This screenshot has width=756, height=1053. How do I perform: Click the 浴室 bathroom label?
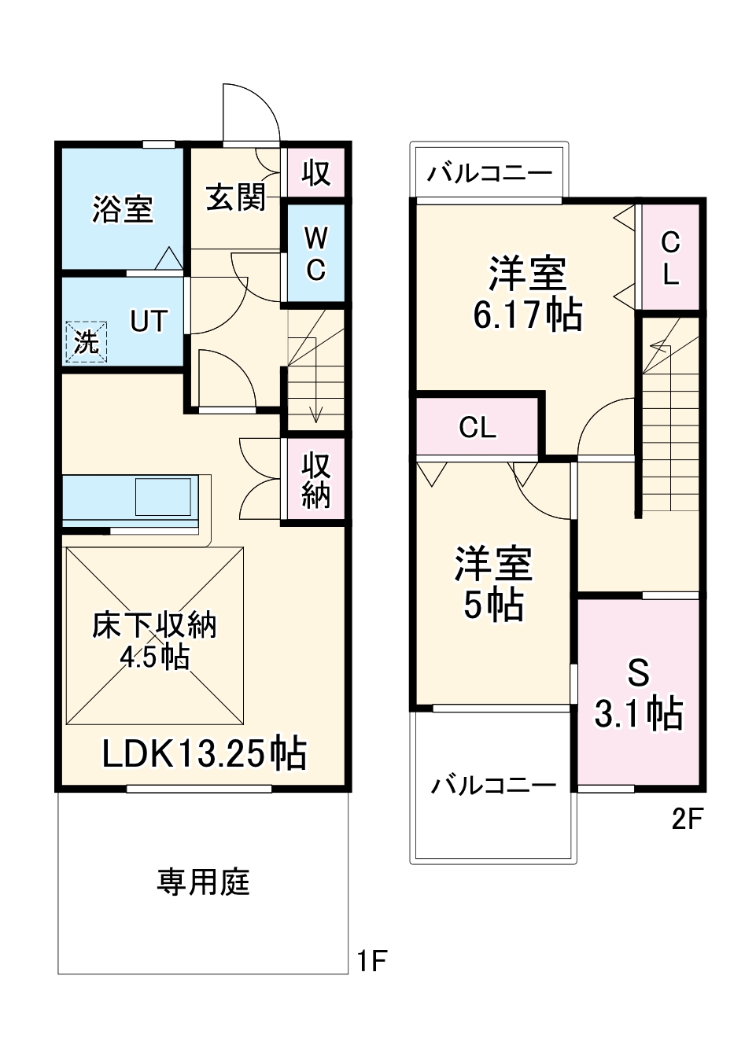[x=122, y=209]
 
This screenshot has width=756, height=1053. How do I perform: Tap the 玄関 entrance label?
[x=235, y=197]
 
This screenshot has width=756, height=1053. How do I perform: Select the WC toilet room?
[x=315, y=253]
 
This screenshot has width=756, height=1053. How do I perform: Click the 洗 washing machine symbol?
[x=86, y=342]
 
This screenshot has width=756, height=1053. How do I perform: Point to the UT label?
[x=149, y=321]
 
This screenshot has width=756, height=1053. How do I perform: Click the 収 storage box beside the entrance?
[x=315, y=172]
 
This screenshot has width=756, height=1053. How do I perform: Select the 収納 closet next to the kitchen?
[x=315, y=480]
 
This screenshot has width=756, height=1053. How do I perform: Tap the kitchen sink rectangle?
[x=163, y=496]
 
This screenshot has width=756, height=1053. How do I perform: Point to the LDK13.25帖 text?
[x=204, y=753]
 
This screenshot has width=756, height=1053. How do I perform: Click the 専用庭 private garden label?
[x=203, y=882]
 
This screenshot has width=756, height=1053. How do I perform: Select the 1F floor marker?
[x=371, y=960]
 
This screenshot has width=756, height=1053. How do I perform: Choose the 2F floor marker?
[x=686, y=819]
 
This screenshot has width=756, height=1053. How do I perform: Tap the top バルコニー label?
[x=489, y=172]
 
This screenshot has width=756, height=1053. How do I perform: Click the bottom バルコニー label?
[x=493, y=784]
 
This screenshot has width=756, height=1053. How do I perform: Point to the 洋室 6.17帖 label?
[x=527, y=293]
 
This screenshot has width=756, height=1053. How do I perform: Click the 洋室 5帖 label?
[x=493, y=584]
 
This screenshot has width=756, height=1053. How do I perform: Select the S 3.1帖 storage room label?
[x=638, y=694]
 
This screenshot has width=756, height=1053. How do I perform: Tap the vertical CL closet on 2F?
[x=669, y=257]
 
